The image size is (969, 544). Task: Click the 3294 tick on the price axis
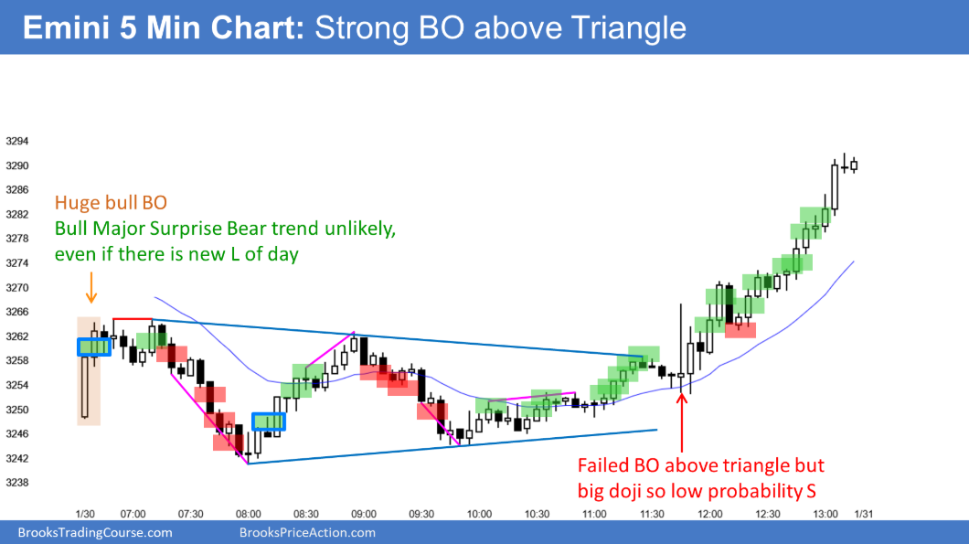(x=16, y=142)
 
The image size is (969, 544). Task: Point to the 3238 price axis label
(x=16, y=483)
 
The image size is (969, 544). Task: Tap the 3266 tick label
(x=16, y=312)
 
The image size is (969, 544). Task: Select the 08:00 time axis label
(x=249, y=515)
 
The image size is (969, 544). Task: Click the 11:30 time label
(x=652, y=515)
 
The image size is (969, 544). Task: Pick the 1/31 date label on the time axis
(x=863, y=515)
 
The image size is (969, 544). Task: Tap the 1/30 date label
(x=85, y=515)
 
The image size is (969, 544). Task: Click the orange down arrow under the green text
(x=91, y=287)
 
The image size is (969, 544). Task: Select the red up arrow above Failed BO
(x=682, y=423)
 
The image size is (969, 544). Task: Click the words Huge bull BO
(x=111, y=203)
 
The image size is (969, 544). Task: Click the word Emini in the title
(x=66, y=27)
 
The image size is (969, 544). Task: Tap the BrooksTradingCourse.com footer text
(x=95, y=533)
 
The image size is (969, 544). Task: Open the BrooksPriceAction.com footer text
(x=307, y=533)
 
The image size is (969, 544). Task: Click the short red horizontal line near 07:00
(x=133, y=319)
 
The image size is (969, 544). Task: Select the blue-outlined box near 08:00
(x=269, y=421)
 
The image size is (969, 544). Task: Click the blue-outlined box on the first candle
(x=94, y=347)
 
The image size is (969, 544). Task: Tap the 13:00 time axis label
(x=825, y=515)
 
